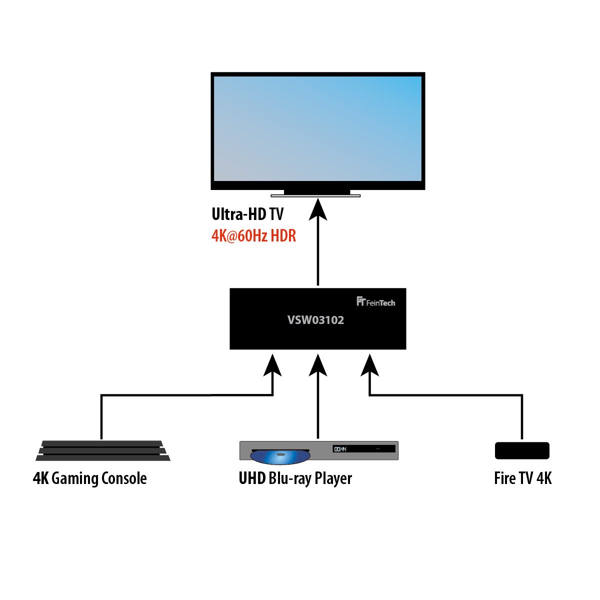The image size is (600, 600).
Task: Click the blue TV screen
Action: pyautogui.click(x=317, y=128)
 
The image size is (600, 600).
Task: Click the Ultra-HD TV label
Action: pyautogui.click(x=247, y=214)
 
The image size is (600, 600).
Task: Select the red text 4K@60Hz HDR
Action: pyautogui.click(x=254, y=235)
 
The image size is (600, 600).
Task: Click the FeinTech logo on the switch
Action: pyautogui.click(x=375, y=301)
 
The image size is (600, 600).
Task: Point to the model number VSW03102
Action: pyautogui.click(x=315, y=320)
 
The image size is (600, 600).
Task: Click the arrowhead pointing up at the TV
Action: pyautogui.click(x=318, y=209)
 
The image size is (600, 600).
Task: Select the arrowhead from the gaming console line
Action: pyautogui.click(x=272, y=366)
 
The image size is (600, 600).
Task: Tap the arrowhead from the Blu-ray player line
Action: pyautogui.click(x=318, y=366)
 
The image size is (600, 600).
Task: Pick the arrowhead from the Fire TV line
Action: pyautogui.click(x=369, y=366)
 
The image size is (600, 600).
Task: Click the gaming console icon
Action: pyautogui.click(x=102, y=450)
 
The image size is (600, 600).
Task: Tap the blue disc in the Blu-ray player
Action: pyautogui.click(x=280, y=456)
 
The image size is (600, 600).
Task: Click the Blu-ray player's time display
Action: pyautogui.click(x=340, y=449)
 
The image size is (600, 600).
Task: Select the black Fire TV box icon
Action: pyautogui.click(x=522, y=450)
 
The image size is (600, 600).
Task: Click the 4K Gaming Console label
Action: pyautogui.click(x=90, y=478)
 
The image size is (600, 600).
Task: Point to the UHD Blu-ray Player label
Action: pyautogui.click(x=295, y=478)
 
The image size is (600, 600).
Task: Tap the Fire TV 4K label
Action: pyautogui.click(x=522, y=478)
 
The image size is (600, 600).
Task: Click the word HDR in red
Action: pyautogui.click(x=283, y=235)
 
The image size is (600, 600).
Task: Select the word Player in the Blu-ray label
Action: pyautogui.click(x=333, y=478)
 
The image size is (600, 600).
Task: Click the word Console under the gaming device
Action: pyautogui.click(x=124, y=478)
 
